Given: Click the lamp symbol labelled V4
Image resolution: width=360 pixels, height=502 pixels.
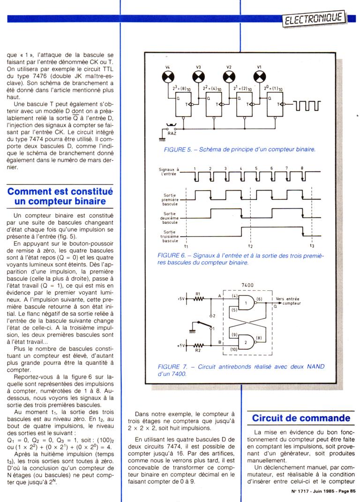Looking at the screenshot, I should [x=168, y=76].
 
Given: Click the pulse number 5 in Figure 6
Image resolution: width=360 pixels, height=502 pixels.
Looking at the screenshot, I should [x=256, y=168].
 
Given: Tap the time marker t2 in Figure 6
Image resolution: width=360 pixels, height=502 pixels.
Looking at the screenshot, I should [x=251, y=245].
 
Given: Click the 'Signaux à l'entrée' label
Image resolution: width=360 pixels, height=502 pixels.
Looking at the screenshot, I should [x=169, y=171].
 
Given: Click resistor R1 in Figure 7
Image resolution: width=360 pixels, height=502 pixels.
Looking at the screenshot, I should [x=198, y=298].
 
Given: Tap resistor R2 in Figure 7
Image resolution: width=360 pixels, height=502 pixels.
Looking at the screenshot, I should [x=198, y=346].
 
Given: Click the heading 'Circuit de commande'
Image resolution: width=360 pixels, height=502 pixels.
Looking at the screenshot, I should [x=301, y=418].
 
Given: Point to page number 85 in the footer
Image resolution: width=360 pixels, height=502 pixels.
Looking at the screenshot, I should [x=352, y=491].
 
